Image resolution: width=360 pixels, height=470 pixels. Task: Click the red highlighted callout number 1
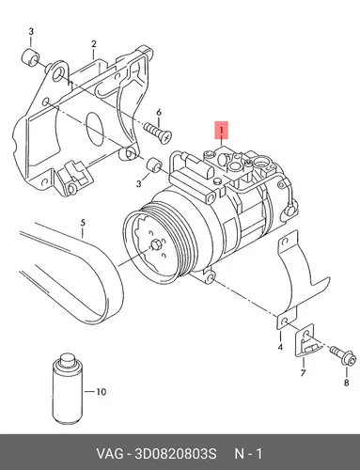click(x=222, y=130)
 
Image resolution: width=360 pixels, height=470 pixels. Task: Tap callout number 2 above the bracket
click(x=94, y=44)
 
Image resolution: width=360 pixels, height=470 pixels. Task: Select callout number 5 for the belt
click(x=83, y=223)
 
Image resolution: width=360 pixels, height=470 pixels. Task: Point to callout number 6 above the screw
click(x=159, y=113)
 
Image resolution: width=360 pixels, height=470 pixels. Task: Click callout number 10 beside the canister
click(x=102, y=392)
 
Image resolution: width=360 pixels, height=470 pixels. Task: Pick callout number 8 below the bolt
click(x=346, y=383)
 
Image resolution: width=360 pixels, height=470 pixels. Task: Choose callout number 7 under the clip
click(x=303, y=373)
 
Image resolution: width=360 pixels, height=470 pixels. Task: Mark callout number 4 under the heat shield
click(x=280, y=347)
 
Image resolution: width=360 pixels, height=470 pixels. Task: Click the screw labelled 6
click(x=158, y=133)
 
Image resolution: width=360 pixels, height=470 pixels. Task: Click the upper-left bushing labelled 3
click(x=30, y=57)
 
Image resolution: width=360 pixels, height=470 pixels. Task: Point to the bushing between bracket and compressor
click(x=154, y=165)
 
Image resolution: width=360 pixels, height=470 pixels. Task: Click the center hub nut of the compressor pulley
click(x=156, y=245)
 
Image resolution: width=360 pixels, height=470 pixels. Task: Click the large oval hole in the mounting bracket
click(x=94, y=129)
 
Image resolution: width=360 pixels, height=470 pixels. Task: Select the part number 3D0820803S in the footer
click(x=175, y=454)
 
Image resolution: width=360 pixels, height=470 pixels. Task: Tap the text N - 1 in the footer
click(x=248, y=454)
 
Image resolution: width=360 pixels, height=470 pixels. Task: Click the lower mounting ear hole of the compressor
click(x=211, y=279)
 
